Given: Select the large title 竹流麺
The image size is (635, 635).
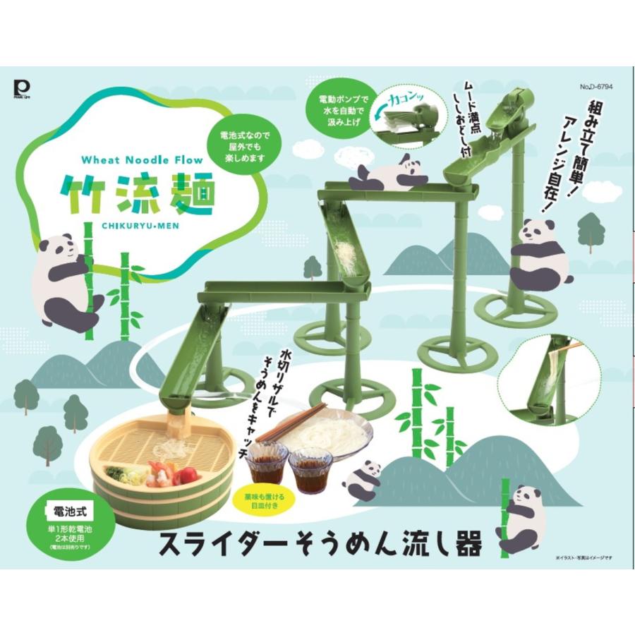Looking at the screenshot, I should tap(137, 191).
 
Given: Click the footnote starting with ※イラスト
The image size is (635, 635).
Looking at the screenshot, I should tap(579, 558).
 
